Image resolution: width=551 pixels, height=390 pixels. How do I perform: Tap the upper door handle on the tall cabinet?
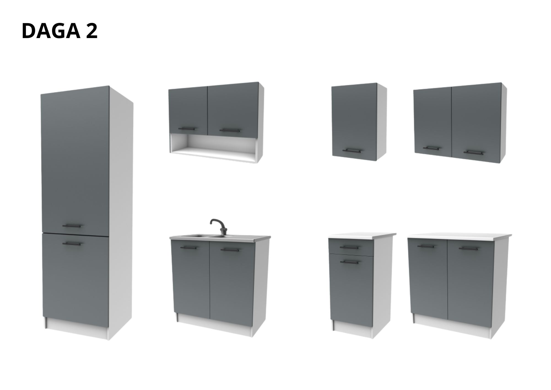click(72, 225)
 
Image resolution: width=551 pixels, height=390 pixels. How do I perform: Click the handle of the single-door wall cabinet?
click(352, 150)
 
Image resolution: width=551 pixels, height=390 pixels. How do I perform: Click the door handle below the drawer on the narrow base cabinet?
click(349, 261)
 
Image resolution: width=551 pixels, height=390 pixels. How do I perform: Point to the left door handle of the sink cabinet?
click(189, 247)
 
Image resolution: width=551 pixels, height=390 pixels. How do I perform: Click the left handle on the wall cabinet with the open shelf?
click(187, 128)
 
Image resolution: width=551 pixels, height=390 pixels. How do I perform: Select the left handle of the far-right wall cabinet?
click(431, 148)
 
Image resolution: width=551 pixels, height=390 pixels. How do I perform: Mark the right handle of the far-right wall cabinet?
click(473, 152)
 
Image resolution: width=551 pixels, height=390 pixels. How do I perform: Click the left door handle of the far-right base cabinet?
click(426, 246)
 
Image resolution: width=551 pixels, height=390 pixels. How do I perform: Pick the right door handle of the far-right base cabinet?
click(469, 248)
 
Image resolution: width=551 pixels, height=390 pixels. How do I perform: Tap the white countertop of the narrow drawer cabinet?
click(361, 236)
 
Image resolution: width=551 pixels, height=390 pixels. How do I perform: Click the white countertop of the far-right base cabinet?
click(459, 236)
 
